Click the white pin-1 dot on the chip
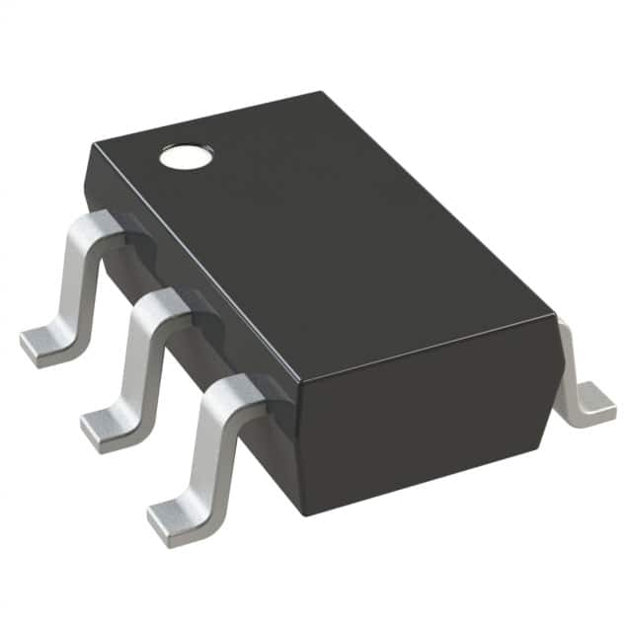[x=184, y=155]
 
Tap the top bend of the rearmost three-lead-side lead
[x=96, y=226]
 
